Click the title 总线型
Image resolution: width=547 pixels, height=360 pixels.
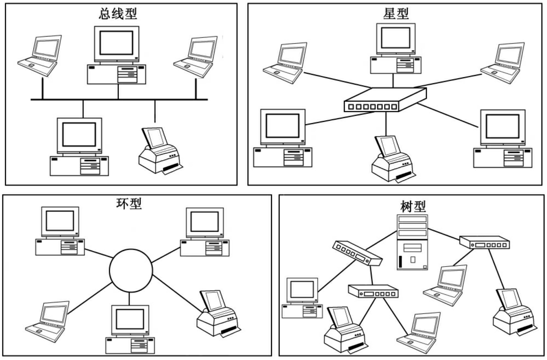point(118,14)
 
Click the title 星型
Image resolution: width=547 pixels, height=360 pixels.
point(396,14)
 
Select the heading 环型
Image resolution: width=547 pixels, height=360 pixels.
point(129,204)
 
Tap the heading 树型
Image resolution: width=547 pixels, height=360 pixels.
point(413,206)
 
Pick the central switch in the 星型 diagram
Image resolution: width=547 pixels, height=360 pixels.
point(385,100)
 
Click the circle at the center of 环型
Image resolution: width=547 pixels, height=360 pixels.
point(131,270)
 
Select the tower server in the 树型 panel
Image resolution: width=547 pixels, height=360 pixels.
point(412,242)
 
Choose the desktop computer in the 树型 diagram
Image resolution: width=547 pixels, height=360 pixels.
point(302,298)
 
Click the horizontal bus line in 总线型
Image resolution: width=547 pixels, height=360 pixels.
point(119,99)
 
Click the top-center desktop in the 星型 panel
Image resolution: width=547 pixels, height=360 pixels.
point(396,49)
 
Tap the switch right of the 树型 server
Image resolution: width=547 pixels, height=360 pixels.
point(484,243)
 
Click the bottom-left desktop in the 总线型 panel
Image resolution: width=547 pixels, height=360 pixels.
point(79,147)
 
